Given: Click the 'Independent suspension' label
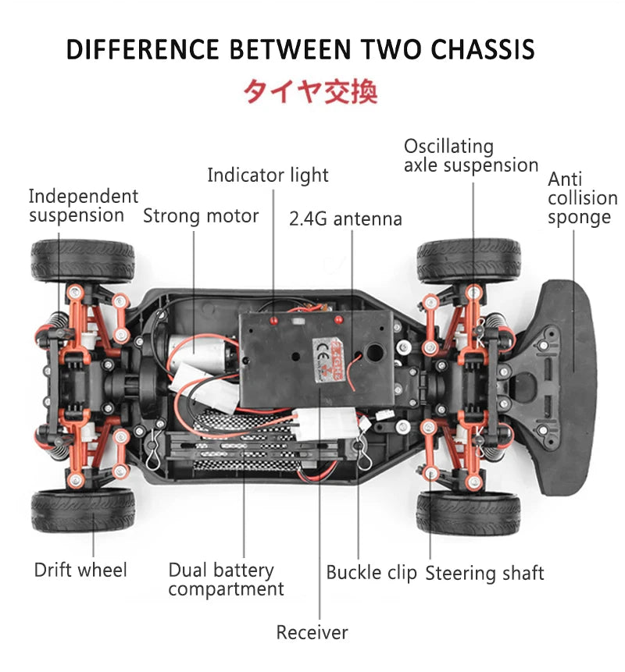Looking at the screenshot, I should coord(83,205).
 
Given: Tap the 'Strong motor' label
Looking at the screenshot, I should coord(200,215).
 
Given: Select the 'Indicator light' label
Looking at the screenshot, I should coord(267,176).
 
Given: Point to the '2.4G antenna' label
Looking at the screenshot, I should coord(345,219).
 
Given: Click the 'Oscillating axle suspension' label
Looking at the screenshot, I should coord(470,156).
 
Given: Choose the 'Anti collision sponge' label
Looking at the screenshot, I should coord(581,198).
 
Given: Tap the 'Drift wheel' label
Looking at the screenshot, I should coord(80,571).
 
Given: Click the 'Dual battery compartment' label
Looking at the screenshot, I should coord(225,580).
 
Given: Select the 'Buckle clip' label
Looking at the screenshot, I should coord(371,572).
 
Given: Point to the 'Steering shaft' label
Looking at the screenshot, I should coord(484,574).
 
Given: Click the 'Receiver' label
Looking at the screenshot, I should coord(312,632).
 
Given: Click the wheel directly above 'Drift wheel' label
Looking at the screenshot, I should coord(82,510).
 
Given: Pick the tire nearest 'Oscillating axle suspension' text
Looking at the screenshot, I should coord(468,261).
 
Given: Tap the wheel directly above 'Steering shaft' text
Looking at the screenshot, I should coord(468,512).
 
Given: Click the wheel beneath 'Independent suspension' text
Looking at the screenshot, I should coord(82,261).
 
